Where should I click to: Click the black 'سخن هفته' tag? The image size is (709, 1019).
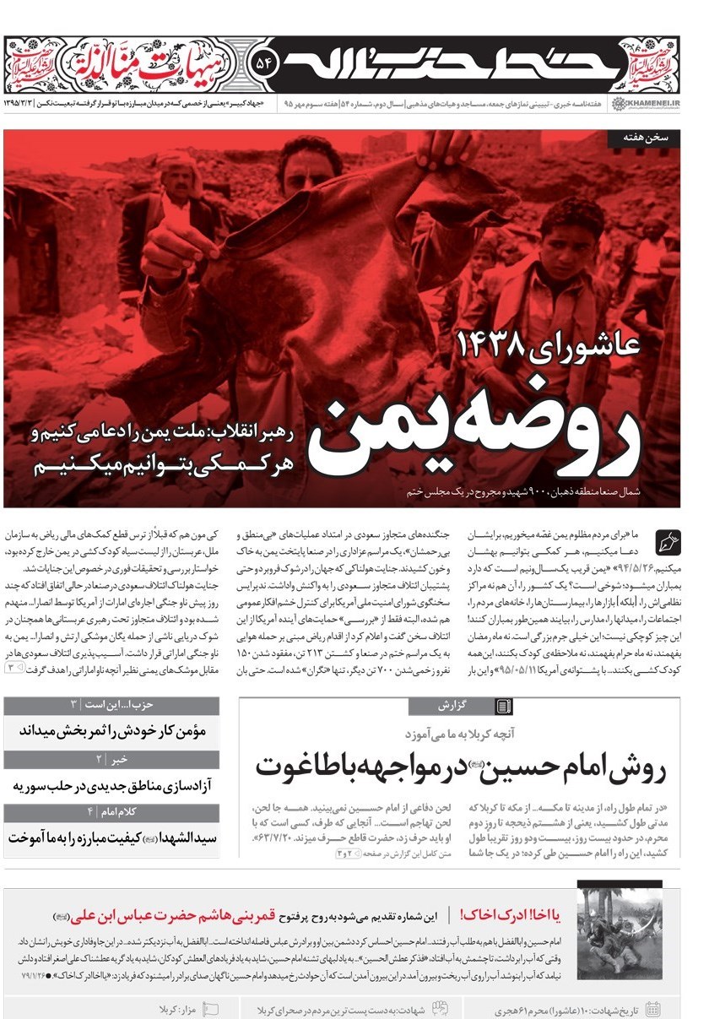(650, 139)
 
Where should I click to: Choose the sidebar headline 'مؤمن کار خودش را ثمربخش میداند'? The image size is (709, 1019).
(111, 731)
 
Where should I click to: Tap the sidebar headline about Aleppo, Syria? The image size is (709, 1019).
(111, 785)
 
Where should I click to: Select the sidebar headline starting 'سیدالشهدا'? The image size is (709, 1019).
(111, 837)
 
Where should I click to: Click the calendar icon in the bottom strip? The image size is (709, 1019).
(652, 1009)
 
